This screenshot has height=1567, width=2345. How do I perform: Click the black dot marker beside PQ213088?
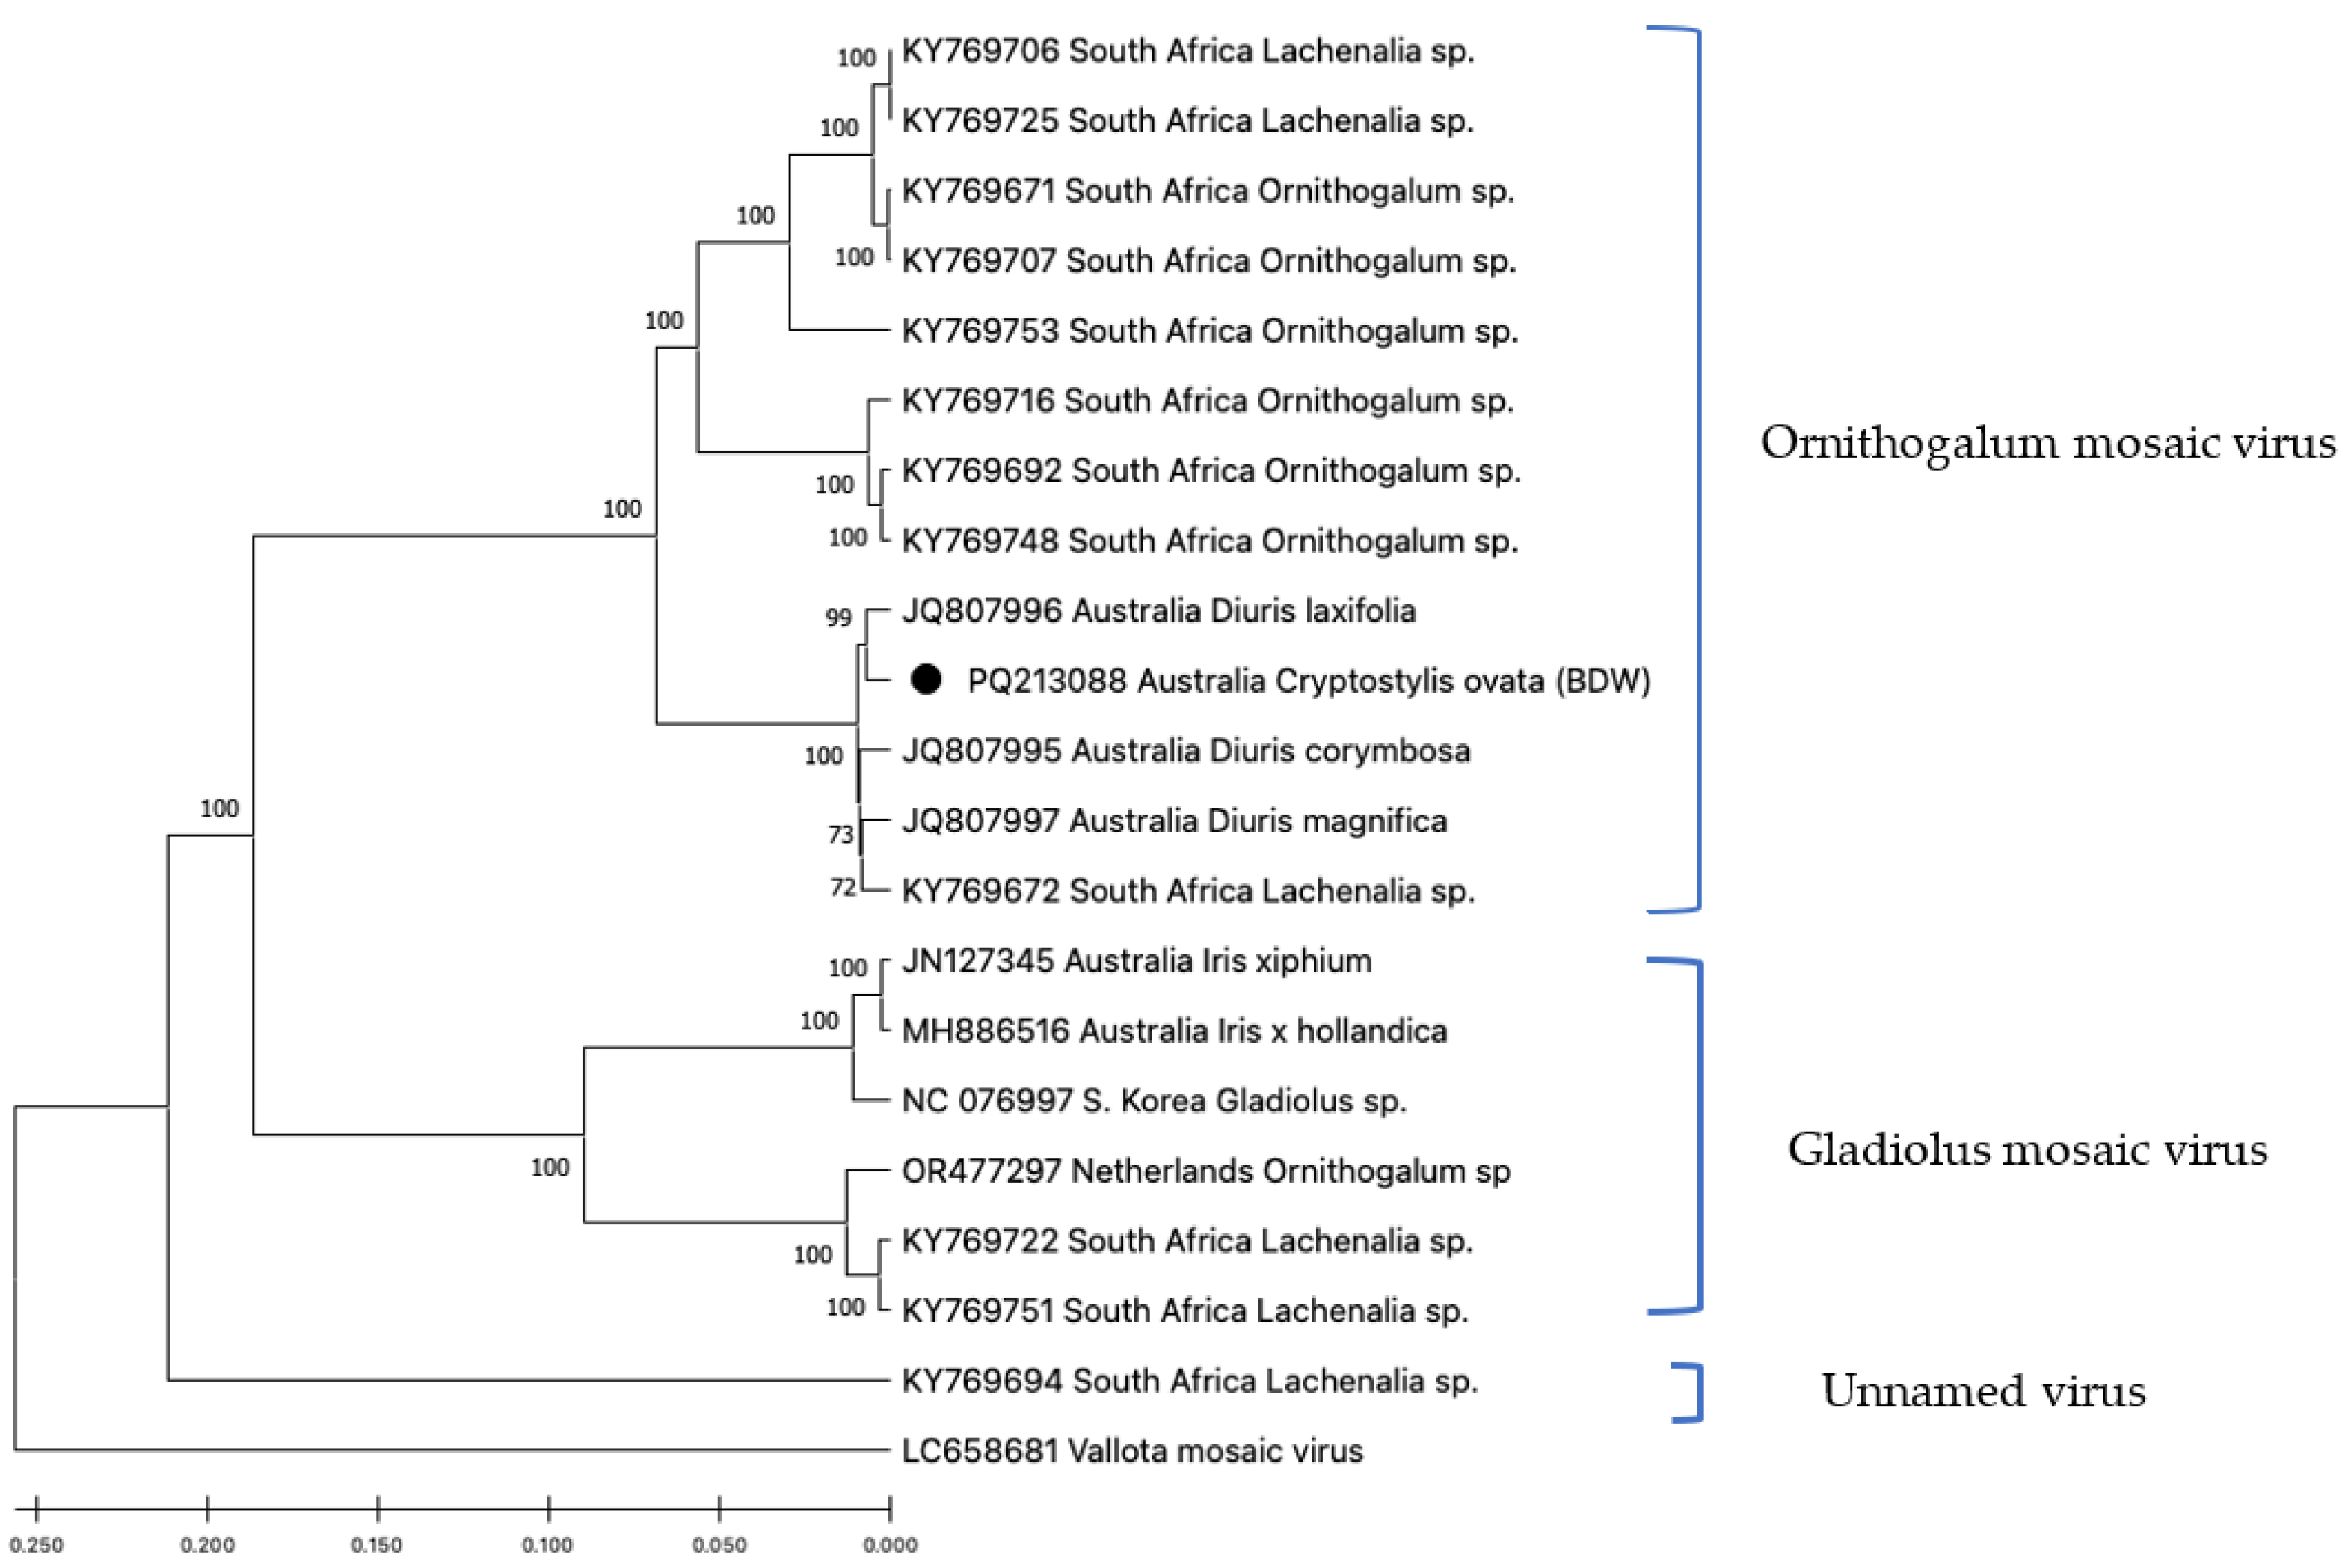click(x=926, y=680)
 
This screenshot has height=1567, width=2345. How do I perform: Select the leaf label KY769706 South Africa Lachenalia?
click(x=1187, y=51)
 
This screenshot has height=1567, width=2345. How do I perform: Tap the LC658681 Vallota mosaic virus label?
click(x=1132, y=1450)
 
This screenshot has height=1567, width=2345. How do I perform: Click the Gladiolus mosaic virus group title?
click(x=2027, y=1150)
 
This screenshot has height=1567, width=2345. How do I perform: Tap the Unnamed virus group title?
click(x=1983, y=1391)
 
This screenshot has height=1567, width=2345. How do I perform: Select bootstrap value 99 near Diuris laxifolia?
click(x=838, y=618)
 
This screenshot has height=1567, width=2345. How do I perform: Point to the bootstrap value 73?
click(x=840, y=835)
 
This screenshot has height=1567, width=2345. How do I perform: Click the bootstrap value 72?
click(x=842, y=887)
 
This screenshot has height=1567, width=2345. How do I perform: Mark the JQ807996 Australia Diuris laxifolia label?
click(x=1158, y=610)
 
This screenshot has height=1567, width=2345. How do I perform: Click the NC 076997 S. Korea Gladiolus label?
click(x=1153, y=1100)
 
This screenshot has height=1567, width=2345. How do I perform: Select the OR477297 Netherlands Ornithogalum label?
click(x=1205, y=1171)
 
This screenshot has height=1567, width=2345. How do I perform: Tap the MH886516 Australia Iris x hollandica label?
click(x=1174, y=1031)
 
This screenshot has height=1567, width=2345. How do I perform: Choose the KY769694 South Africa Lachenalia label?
click(x=1189, y=1380)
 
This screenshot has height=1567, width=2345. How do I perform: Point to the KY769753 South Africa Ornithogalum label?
click(x=1209, y=331)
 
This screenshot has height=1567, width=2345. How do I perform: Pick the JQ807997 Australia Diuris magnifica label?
click(x=1174, y=821)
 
